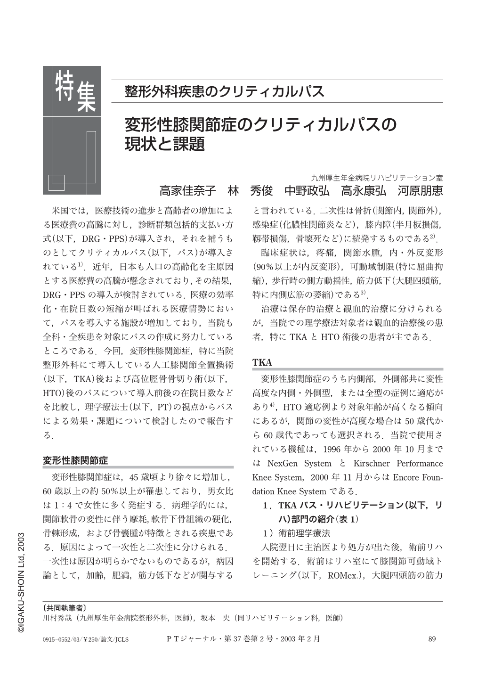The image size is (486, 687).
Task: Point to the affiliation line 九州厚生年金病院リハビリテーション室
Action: pyautogui.click(x=377, y=178)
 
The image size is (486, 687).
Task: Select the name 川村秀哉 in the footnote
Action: pyautogui.click(x=57, y=618)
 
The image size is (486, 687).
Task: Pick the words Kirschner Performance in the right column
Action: pyautogui.click(x=404, y=464)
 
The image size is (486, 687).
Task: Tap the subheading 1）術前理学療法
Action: pyautogui.click(x=296, y=534)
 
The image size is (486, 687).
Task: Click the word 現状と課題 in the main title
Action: pyautogui.click(x=164, y=144)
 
